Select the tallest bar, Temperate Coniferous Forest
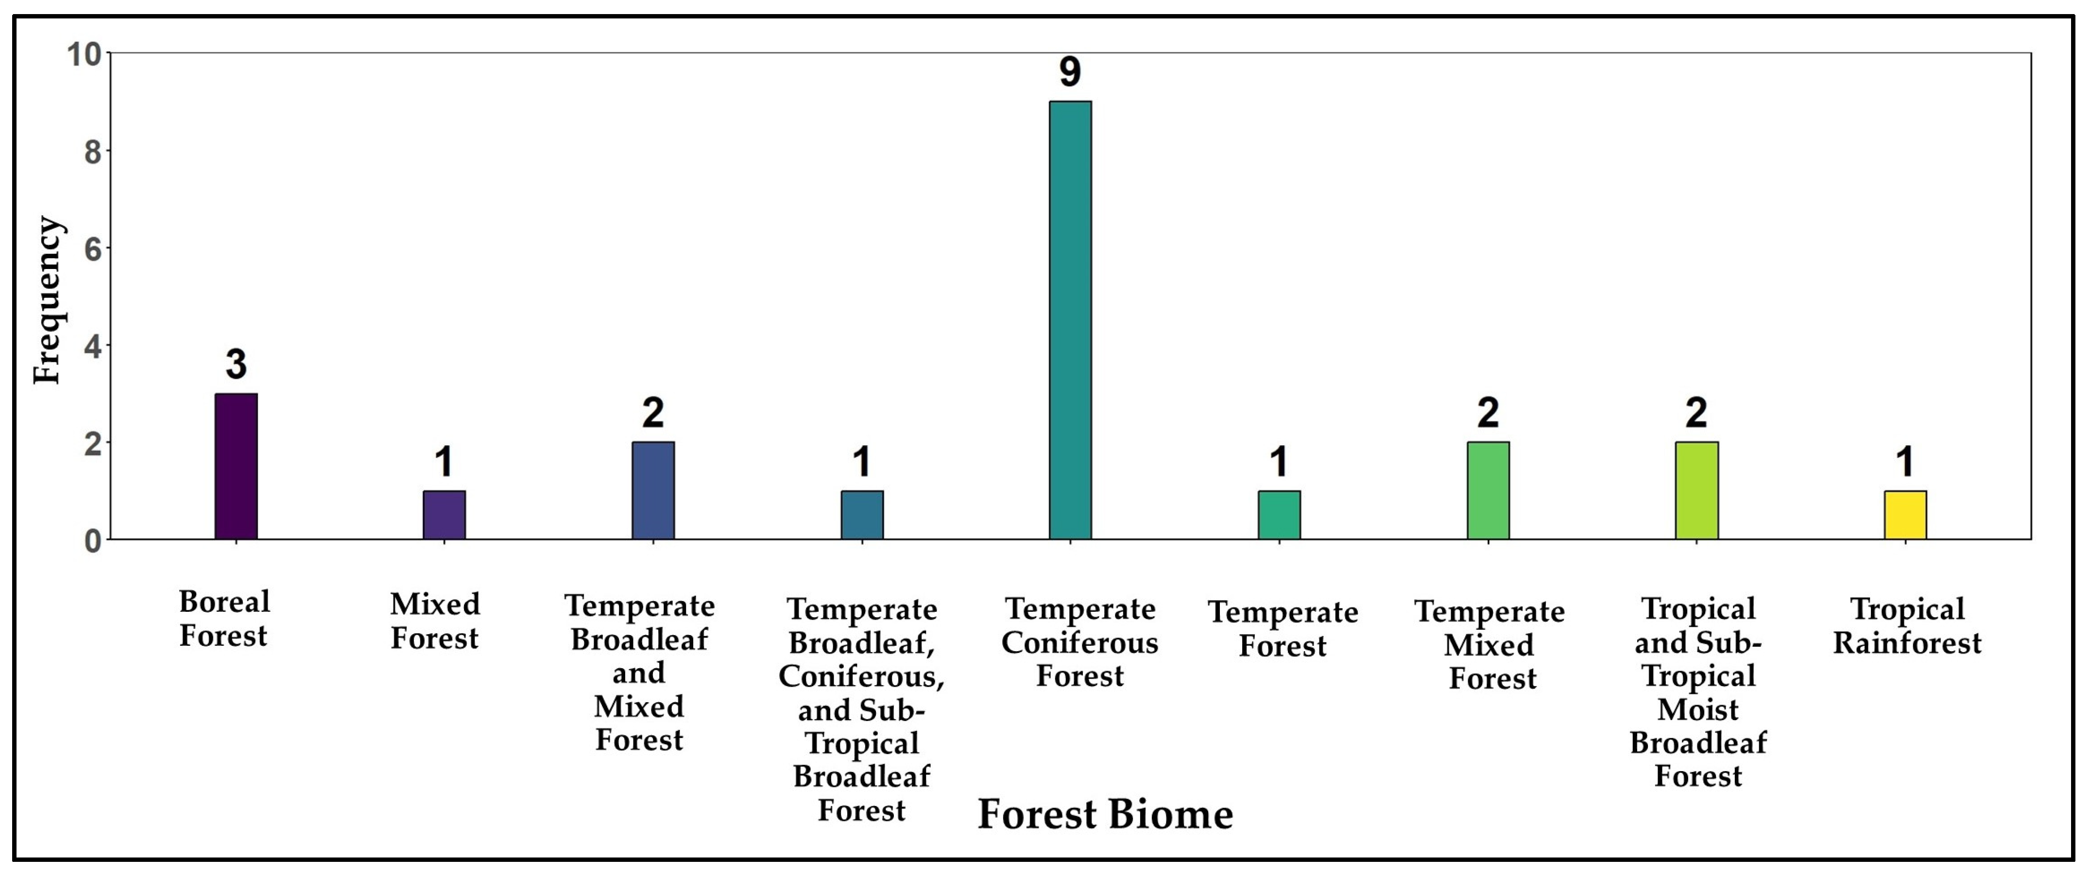click(1070, 320)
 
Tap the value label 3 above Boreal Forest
click(236, 364)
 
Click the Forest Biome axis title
click(1105, 814)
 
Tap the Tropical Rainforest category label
click(1907, 626)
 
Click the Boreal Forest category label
click(224, 619)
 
